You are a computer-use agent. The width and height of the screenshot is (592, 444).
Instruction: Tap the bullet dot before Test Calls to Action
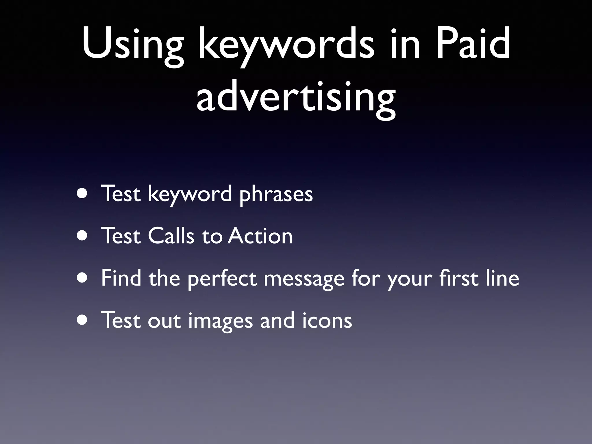(83, 236)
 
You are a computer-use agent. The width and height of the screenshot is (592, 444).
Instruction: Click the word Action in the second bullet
(260, 236)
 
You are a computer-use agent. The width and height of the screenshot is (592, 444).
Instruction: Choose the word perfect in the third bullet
(222, 279)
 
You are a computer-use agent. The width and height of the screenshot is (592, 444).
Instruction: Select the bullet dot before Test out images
(83, 320)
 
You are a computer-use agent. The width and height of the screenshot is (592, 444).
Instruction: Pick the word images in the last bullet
(221, 321)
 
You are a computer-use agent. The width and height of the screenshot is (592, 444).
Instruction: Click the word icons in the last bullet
(327, 320)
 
